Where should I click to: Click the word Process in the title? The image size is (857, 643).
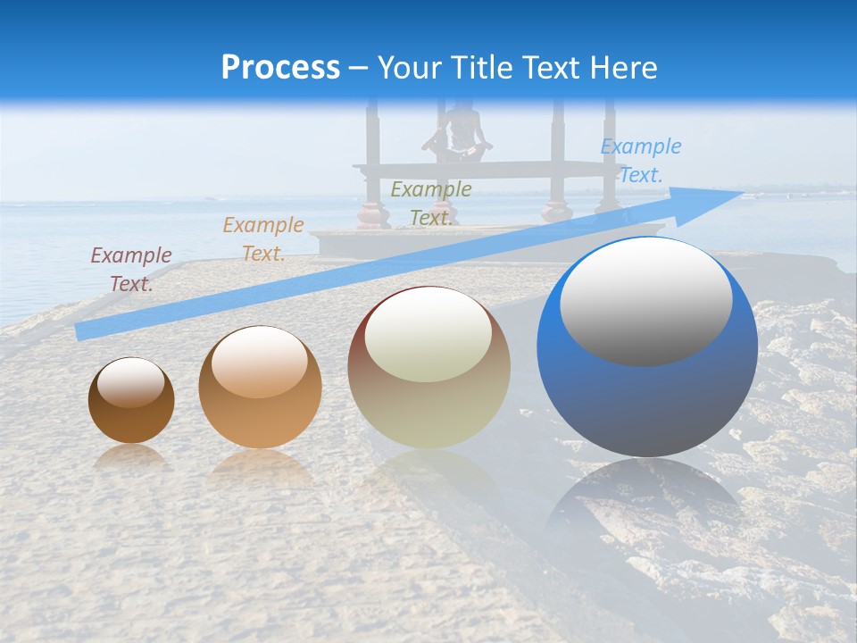280,68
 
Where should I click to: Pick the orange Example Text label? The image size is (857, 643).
263,239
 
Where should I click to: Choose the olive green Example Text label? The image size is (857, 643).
430,204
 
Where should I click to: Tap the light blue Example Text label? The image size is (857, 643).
640,161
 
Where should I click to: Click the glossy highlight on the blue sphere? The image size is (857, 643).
645,302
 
